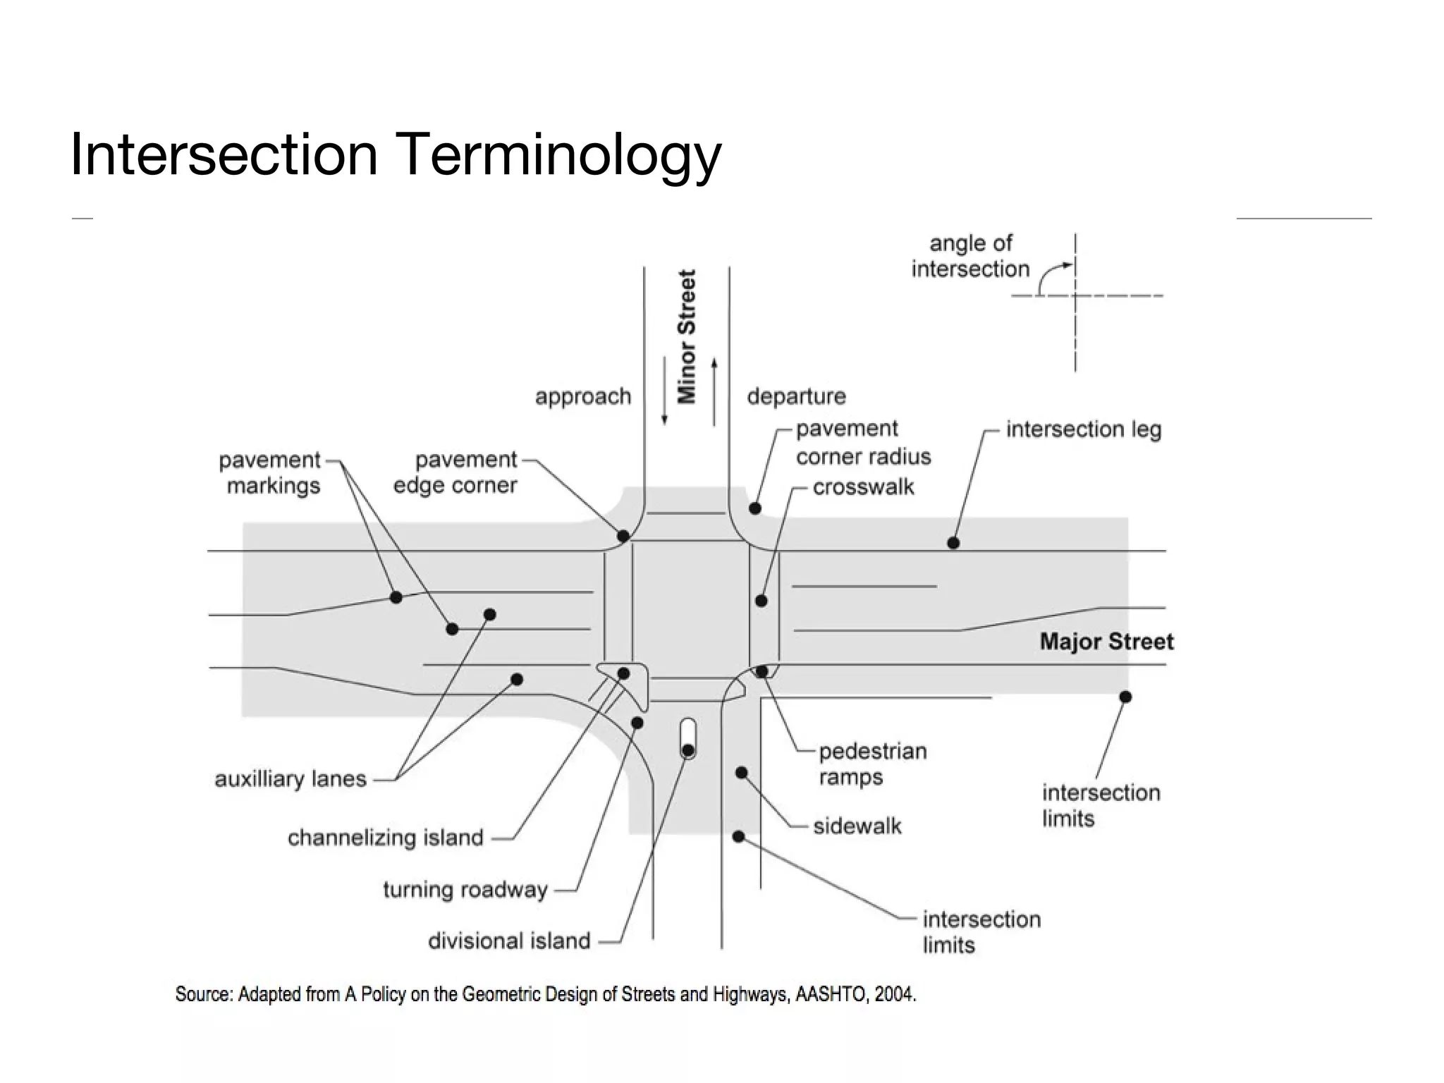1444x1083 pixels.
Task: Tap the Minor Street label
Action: point(687,336)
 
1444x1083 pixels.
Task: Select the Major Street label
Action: point(1106,642)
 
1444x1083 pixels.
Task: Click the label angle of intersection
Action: point(970,256)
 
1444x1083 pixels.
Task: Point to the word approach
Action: point(583,397)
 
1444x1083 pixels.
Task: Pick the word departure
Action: point(796,397)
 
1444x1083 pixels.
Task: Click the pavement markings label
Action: point(270,472)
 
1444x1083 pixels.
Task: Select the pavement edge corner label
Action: point(455,472)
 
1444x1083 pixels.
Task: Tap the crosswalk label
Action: point(863,487)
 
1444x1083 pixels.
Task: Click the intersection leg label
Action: point(1083,429)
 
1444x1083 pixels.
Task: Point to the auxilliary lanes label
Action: point(290,779)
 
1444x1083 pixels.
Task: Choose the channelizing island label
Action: point(386,838)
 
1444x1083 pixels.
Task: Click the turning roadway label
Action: point(465,890)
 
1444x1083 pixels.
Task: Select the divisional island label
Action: point(509,941)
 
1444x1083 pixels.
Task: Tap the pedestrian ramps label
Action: point(872,764)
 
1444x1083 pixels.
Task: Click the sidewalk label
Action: point(857,826)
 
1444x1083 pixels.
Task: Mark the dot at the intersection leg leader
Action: point(953,543)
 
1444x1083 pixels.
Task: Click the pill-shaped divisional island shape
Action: point(688,738)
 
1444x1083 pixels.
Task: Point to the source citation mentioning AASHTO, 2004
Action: point(546,995)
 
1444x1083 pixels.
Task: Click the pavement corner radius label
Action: point(863,443)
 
